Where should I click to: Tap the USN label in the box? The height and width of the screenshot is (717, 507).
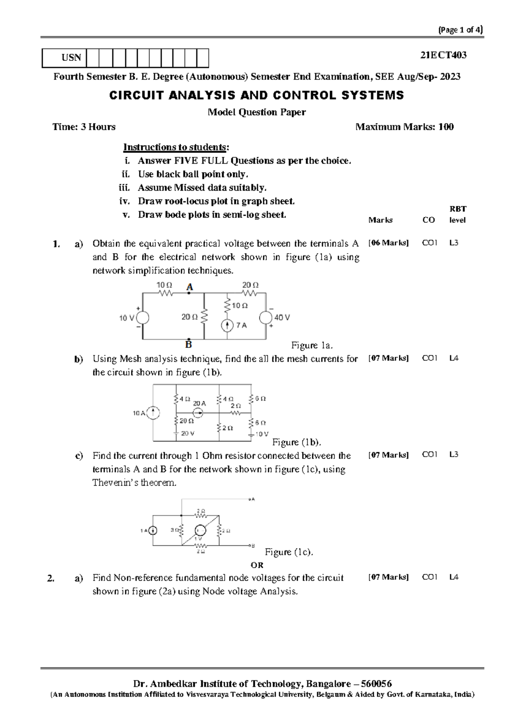click(x=71, y=58)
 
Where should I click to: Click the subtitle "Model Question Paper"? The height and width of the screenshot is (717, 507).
click(x=256, y=112)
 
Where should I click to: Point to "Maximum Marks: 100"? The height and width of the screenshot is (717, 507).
click(x=404, y=127)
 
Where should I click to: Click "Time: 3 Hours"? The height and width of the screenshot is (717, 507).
click(x=84, y=127)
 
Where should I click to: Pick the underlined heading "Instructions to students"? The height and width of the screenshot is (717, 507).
click(x=174, y=147)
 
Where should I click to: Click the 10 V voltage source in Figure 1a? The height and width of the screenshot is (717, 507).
click(x=142, y=318)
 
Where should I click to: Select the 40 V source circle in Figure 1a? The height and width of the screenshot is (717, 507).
click(x=266, y=318)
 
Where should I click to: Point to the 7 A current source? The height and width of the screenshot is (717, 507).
click(x=228, y=325)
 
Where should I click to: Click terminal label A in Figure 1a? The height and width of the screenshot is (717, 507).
click(x=190, y=287)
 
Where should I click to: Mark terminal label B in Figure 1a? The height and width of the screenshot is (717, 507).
click(x=188, y=344)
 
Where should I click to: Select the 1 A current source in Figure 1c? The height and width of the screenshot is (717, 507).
click(x=153, y=531)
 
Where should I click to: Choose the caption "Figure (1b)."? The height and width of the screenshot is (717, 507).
click(x=297, y=442)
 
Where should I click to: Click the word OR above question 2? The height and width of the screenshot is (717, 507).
click(x=257, y=565)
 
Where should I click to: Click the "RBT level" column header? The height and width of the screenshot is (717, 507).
click(x=458, y=214)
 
